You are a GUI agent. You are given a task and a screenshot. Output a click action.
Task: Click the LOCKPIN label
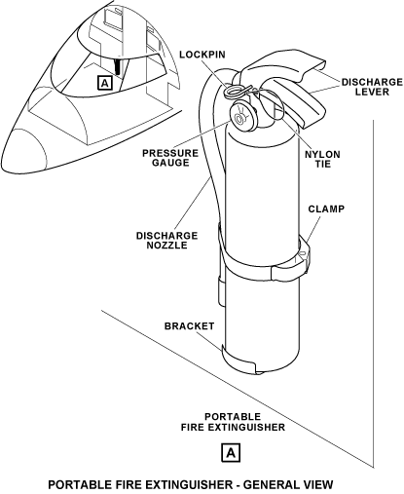202,55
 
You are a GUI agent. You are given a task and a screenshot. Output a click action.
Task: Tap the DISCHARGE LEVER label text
372,87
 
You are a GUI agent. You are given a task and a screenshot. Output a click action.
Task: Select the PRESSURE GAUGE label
170,158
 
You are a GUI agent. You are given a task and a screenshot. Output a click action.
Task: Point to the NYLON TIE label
322,159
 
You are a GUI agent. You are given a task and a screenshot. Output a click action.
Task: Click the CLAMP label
326,209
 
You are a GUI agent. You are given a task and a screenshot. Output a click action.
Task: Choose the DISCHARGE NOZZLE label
166,240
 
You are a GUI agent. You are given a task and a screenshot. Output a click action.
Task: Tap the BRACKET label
189,325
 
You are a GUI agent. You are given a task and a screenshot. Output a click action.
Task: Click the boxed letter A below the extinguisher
231,452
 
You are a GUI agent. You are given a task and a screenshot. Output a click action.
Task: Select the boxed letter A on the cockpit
104,83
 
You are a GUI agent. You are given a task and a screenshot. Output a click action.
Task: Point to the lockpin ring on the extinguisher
233,91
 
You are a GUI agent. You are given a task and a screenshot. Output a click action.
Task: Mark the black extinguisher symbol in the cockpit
118,66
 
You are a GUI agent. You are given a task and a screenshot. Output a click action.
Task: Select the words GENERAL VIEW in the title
288,485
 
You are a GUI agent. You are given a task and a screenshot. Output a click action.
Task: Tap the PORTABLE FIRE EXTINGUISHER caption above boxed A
233,422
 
